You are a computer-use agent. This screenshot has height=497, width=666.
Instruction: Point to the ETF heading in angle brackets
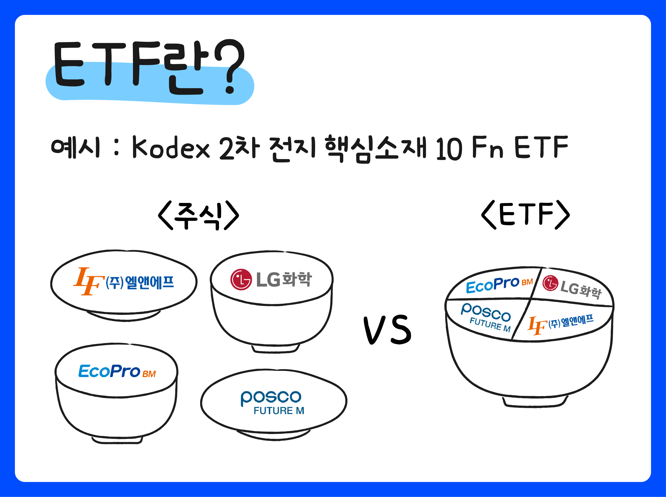pyautogui.click(x=526, y=214)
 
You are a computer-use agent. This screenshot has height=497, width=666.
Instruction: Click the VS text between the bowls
pyautogui.click(x=387, y=330)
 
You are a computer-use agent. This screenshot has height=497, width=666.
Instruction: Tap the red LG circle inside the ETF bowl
pyautogui.click(x=550, y=283)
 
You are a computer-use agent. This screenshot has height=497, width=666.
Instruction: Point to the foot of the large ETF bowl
pyautogui.click(x=535, y=402)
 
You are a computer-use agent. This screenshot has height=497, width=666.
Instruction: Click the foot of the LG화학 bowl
pyautogui.click(x=275, y=349)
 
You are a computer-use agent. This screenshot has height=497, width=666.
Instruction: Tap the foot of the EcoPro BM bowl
pyautogui.click(x=117, y=440)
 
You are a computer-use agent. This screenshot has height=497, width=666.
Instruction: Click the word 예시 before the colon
pyautogui.click(x=75, y=147)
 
